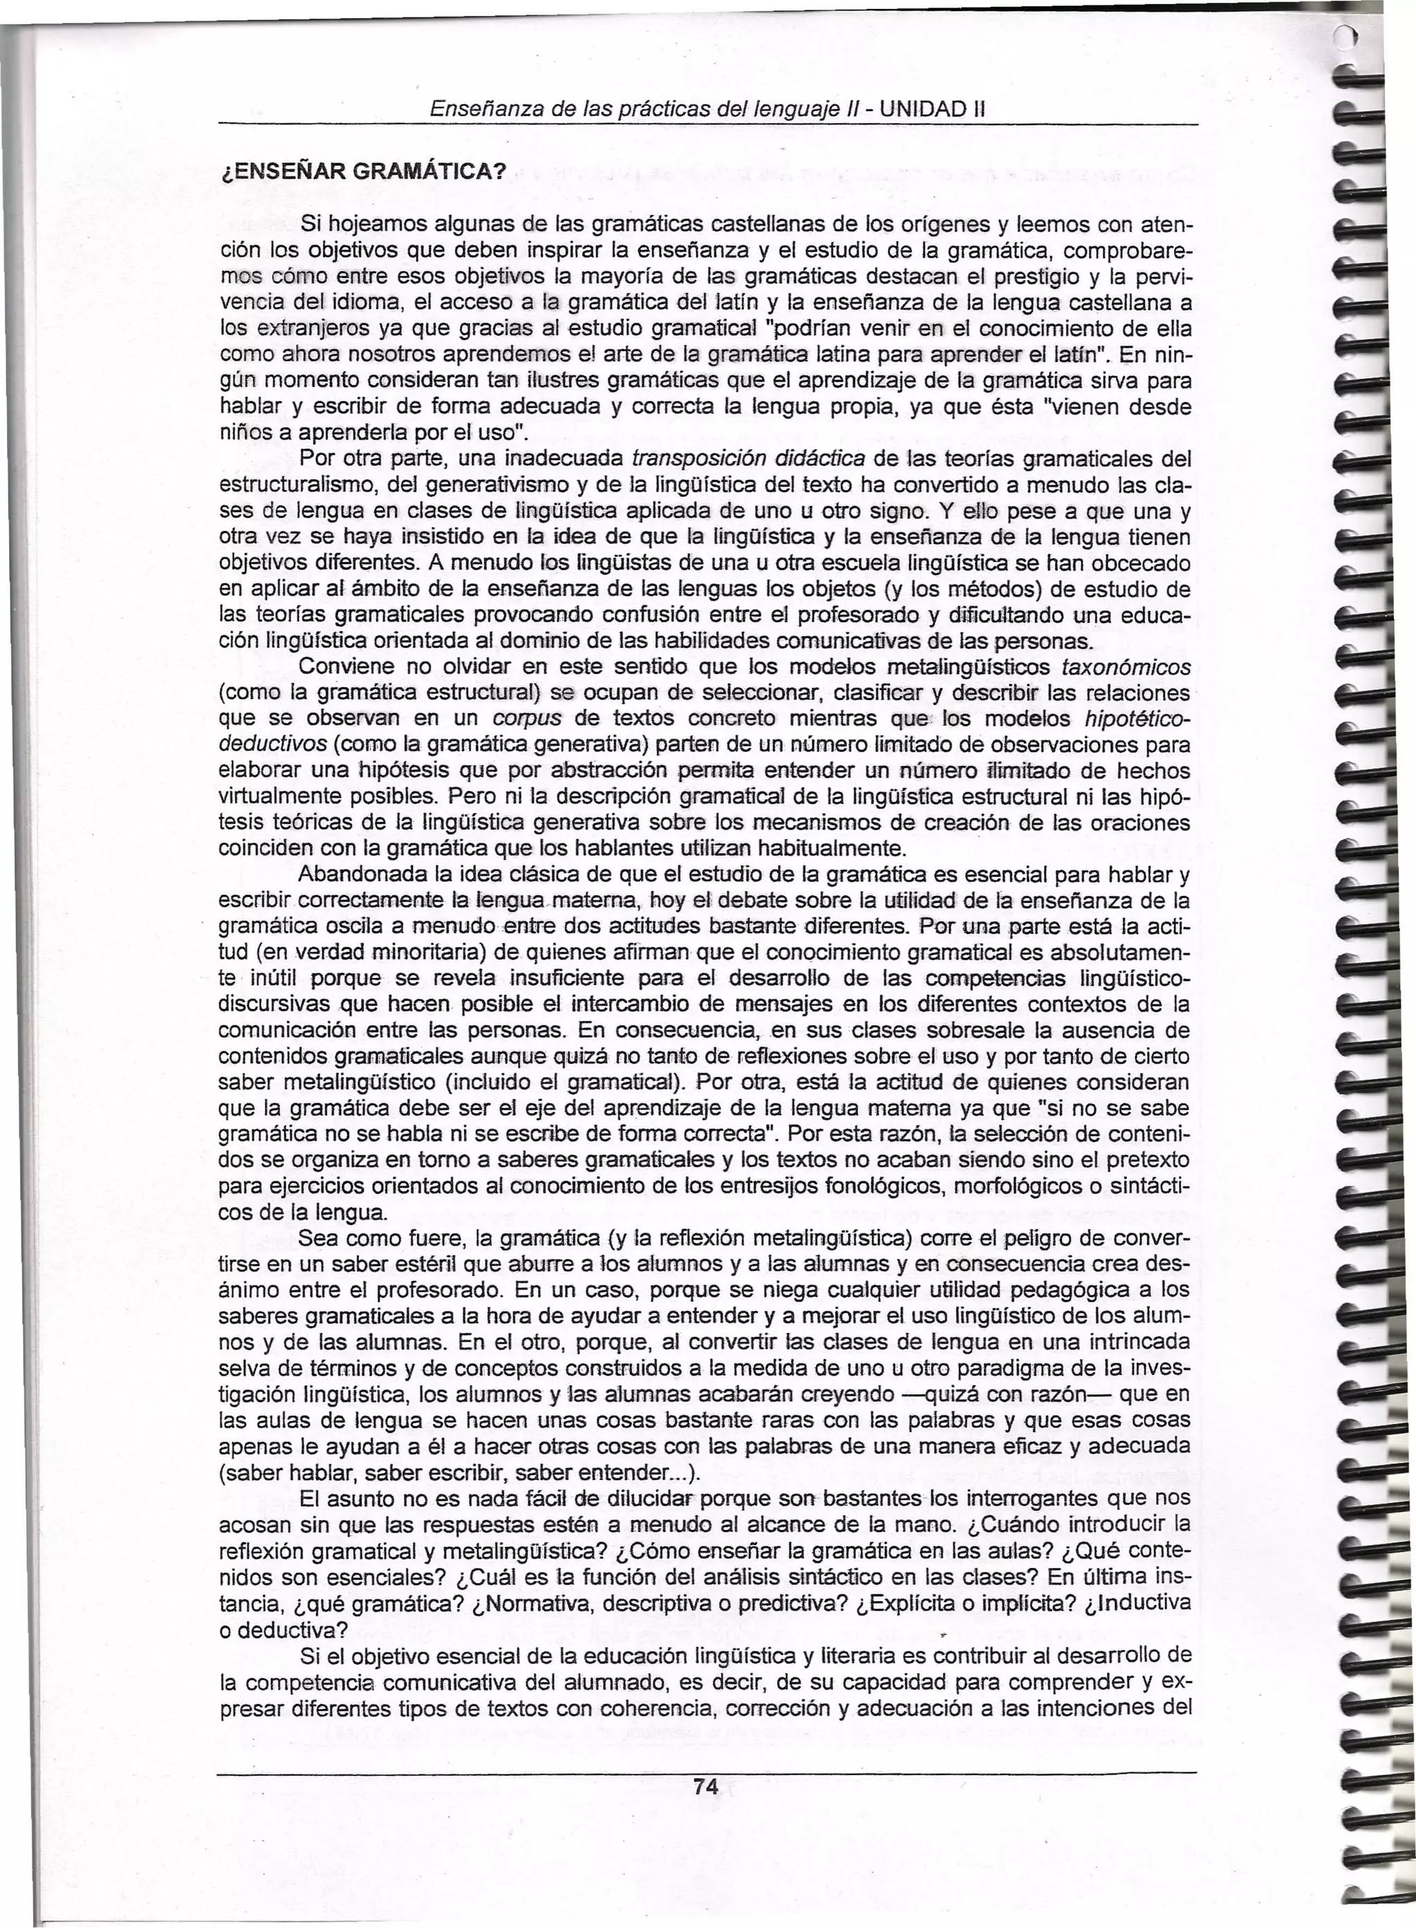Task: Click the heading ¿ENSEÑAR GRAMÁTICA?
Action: point(360,171)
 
